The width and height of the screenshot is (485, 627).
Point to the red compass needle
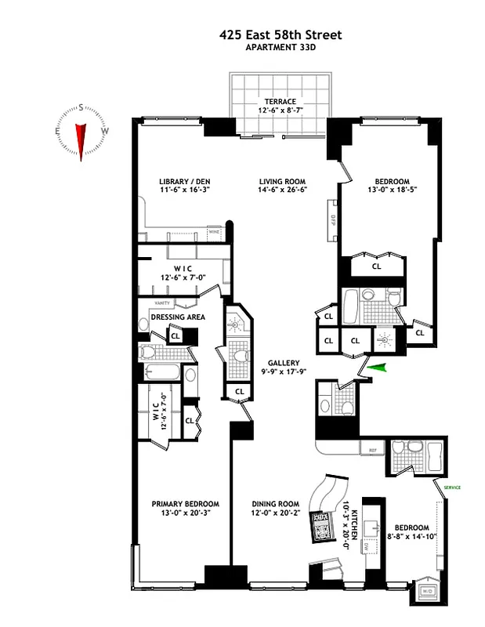pyautogui.click(x=81, y=140)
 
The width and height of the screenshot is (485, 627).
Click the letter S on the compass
pyautogui.click(x=81, y=109)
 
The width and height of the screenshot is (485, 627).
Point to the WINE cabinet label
pyautogui.click(x=213, y=231)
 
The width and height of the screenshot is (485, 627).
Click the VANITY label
pyautogui.click(x=162, y=303)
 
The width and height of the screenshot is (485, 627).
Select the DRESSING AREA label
pyautogui.click(x=177, y=317)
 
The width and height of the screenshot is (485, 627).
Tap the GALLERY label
pyautogui.click(x=284, y=363)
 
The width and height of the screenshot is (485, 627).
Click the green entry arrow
pyautogui.click(x=378, y=367)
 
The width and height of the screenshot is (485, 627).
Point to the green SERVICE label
pyautogui.click(x=451, y=487)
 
